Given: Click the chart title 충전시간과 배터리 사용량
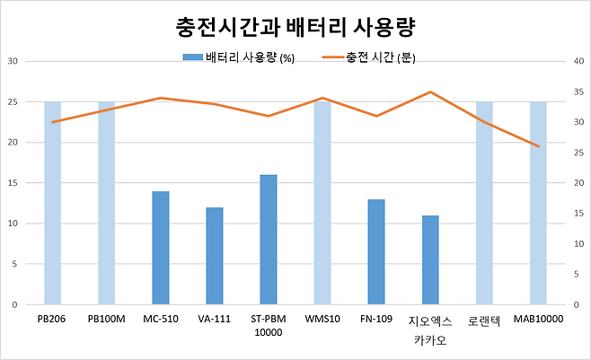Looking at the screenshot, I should [x=295, y=28].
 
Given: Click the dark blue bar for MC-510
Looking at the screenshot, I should [x=161, y=248].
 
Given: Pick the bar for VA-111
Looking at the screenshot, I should [x=215, y=256].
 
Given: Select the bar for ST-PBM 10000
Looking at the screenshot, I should [x=269, y=240].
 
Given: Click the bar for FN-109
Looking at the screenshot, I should [x=376, y=251].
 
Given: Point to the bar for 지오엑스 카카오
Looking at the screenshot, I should [x=430, y=259].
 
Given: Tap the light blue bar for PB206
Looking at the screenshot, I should [x=53, y=203].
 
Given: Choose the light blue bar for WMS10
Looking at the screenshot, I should [x=322, y=203].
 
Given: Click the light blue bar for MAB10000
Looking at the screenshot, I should [x=538, y=203].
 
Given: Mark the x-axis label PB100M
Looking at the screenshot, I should [x=107, y=319].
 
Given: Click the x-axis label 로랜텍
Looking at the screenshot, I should [x=484, y=319].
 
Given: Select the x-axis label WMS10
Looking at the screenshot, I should [x=322, y=319].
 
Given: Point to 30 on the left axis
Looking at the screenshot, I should [x=13, y=61].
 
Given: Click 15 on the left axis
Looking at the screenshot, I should [x=13, y=183].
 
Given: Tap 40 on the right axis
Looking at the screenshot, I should [x=578, y=61].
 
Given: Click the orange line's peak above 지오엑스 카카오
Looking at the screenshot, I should [x=430, y=92].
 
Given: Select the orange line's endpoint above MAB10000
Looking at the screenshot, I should [x=538, y=146].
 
